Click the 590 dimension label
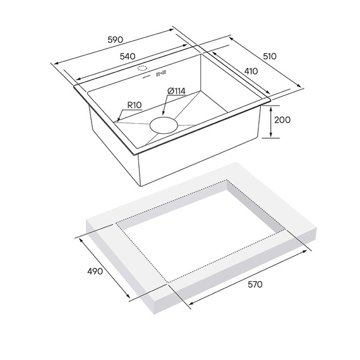(115, 40)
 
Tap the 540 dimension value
(128, 56)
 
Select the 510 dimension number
(270, 56)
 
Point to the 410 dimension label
(251, 71)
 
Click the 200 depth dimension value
(282, 119)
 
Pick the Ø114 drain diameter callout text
(176, 91)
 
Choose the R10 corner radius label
(135, 105)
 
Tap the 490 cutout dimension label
(95, 272)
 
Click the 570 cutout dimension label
(255, 284)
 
